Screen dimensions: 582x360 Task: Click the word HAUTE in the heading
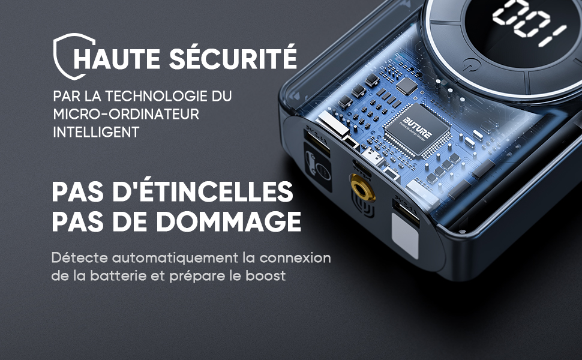117,57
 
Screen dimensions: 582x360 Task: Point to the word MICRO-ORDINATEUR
126,114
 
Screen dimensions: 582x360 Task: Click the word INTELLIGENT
96,132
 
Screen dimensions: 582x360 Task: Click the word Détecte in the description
79,257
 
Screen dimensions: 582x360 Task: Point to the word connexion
295,257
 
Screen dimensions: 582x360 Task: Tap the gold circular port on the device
362,187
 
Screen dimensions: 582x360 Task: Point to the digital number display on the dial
530,23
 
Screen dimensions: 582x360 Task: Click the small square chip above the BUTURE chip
407,86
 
